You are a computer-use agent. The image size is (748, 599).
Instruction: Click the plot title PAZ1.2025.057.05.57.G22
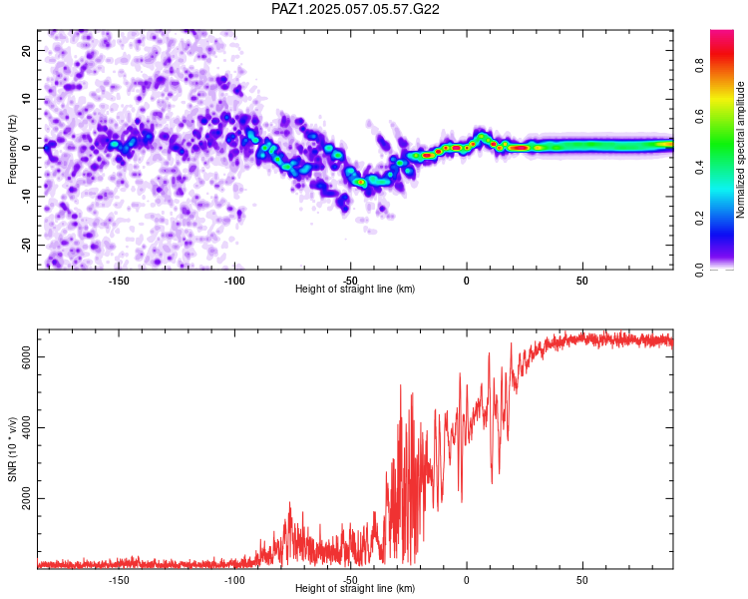[x=355, y=9]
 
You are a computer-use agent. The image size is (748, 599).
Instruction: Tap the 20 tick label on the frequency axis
[x=27, y=50]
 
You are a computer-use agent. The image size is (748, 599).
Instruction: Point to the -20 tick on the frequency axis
[x=27, y=245]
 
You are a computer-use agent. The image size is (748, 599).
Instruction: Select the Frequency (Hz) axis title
[x=12, y=150]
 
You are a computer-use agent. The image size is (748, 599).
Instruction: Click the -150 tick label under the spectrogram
[x=119, y=281]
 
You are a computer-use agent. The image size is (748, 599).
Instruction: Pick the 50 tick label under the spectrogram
[x=582, y=281]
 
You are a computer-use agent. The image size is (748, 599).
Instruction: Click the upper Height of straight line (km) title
[x=355, y=289]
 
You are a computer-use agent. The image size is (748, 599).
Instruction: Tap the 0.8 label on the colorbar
[x=699, y=65]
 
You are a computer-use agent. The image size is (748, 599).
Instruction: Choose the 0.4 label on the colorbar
[x=699, y=168]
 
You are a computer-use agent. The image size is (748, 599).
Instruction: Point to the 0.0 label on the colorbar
[x=699, y=270]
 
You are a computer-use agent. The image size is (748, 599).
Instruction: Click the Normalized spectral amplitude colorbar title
[x=740, y=150]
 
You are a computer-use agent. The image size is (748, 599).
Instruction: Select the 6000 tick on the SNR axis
[x=27, y=356]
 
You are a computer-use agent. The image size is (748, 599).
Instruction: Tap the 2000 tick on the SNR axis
[x=27, y=498]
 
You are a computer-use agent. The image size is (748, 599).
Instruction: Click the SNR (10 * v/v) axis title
[x=12, y=449]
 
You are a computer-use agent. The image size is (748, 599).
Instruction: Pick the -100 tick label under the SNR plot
[x=234, y=580]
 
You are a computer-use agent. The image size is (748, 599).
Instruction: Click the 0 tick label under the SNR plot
[x=467, y=580]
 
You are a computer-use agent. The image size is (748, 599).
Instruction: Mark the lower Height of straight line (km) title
[x=355, y=588]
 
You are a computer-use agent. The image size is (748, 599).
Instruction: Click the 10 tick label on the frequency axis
[x=27, y=99]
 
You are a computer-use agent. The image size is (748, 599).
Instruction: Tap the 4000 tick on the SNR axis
[x=27, y=427]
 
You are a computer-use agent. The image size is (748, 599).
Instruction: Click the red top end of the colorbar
[x=722, y=32]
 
